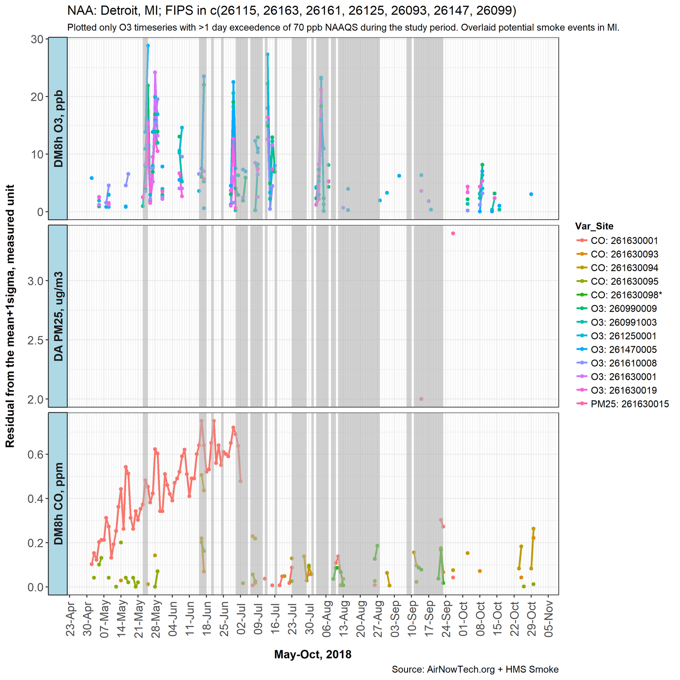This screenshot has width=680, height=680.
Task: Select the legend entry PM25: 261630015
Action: [x=629, y=404]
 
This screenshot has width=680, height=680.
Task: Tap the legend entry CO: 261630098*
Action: [x=626, y=295]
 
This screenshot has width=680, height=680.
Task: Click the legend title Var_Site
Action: [x=594, y=227]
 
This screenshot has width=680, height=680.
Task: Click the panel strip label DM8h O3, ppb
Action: [x=58, y=128]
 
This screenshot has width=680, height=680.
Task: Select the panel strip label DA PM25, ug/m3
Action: [x=58, y=316]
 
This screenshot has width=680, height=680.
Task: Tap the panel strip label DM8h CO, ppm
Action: [x=58, y=504]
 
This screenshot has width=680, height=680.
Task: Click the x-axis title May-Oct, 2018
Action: [x=312, y=654]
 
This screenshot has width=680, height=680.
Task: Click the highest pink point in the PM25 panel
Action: [x=453, y=233]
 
